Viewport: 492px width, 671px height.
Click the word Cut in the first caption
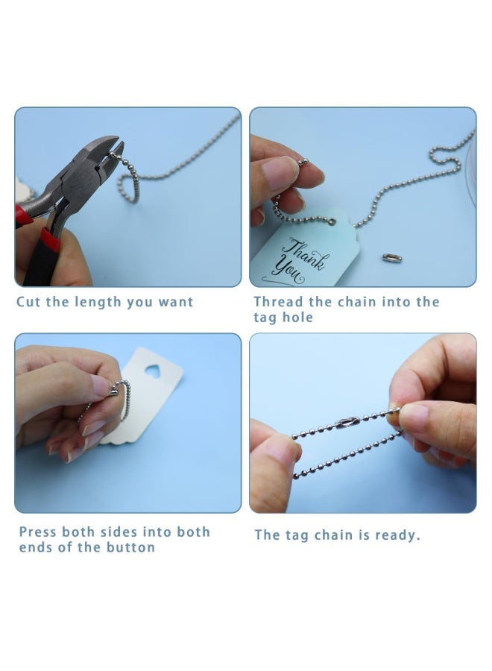[x=28, y=302]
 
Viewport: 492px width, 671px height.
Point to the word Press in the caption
[x=38, y=532]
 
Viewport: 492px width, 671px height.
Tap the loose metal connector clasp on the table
[x=392, y=258]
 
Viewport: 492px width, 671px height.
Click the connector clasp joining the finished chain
[x=347, y=423]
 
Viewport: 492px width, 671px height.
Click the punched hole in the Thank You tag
[x=332, y=221]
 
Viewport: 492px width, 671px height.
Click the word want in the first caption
[x=175, y=302]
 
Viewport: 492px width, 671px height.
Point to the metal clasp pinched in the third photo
[x=114, y=388]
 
